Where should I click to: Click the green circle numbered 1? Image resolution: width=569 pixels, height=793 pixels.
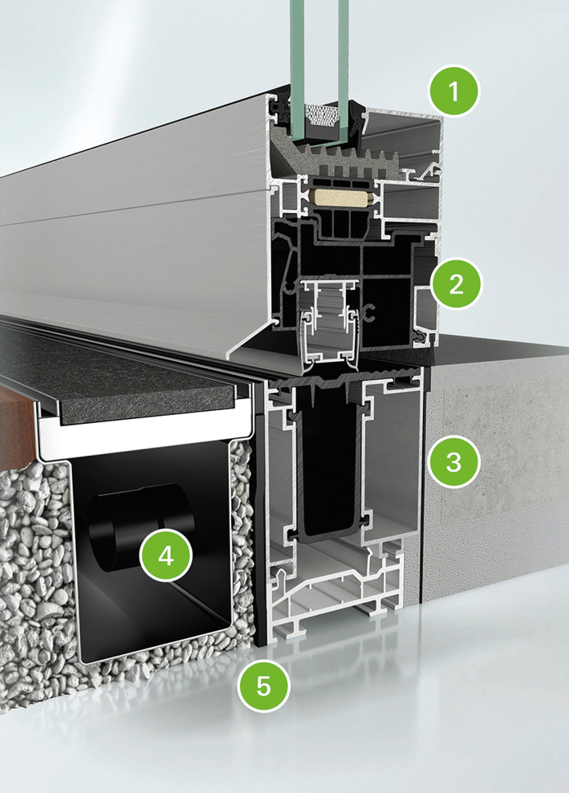[453, 91]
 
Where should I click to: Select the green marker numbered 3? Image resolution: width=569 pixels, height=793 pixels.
[453, 461]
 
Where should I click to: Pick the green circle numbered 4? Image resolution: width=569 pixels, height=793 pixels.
[166, 556]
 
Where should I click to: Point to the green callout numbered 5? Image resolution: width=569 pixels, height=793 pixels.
[264, 686]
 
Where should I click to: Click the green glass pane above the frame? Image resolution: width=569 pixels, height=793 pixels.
[319, 51]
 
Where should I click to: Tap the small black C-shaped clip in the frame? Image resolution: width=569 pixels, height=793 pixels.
[369, 313]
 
